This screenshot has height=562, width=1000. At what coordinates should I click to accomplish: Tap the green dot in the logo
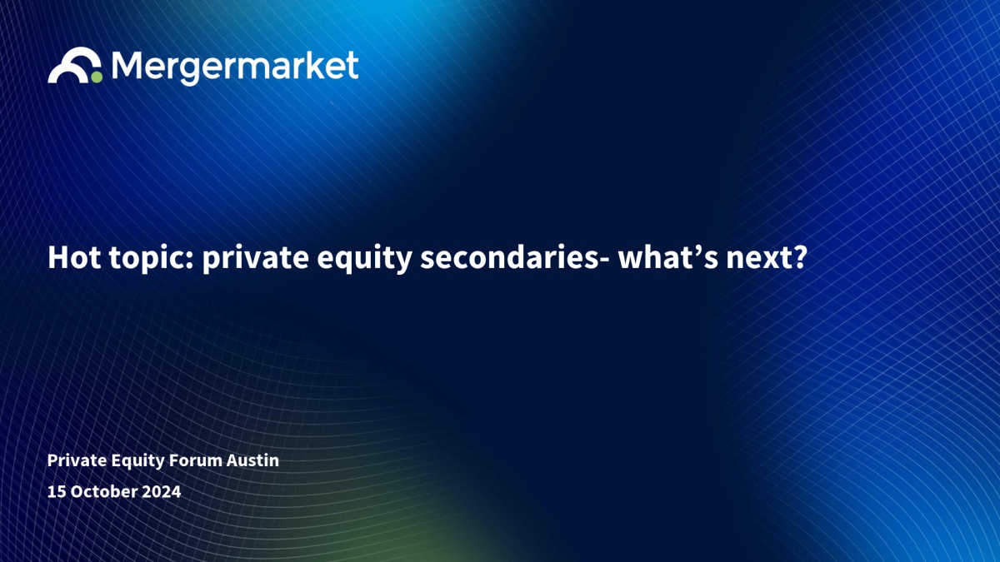pos(97,77)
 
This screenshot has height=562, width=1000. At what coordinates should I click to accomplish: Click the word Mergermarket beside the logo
pos(235,67)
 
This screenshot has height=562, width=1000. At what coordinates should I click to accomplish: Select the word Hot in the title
pos(74,257)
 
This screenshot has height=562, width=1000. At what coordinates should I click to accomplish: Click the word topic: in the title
pos(152,259)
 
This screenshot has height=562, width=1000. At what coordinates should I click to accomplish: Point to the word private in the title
pos(255,259)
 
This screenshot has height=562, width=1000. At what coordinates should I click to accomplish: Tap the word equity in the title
pos(364,260)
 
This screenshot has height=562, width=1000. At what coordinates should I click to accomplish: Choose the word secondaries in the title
pos(509,257)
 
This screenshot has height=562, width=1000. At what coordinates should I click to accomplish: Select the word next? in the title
pos(767,259)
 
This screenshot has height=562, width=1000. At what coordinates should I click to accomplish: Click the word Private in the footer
pos(77,460)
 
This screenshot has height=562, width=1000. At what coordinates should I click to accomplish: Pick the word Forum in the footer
pos(196,460)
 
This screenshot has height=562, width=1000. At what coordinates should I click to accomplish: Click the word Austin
pos(252,460)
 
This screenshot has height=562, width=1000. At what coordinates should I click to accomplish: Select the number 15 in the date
pos(57,491)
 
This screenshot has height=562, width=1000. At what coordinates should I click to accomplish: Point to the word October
pos(104,491)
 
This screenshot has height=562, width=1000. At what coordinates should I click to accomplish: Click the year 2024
pos(162,491)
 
